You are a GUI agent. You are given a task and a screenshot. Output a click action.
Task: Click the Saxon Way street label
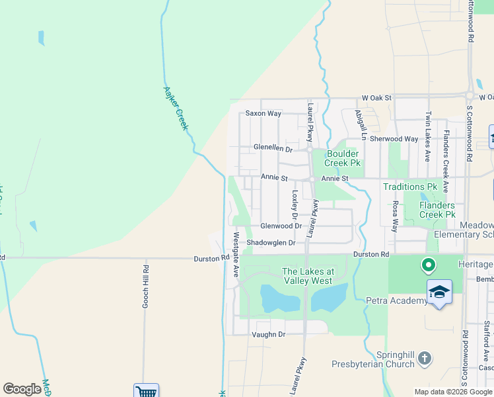point(264,114)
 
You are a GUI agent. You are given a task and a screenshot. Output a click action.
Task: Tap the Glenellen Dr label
point(273,148)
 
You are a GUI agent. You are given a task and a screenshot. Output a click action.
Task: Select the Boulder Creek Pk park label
point(343,158)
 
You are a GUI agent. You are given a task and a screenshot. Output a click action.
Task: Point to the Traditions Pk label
point(415,187)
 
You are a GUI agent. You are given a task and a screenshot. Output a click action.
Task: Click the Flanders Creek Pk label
point(437,210)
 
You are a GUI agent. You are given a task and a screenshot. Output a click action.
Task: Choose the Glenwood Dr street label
point(281,226)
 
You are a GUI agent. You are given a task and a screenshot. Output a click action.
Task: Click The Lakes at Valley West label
point(308,276)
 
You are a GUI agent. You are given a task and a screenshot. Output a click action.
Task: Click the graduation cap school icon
point(439,292)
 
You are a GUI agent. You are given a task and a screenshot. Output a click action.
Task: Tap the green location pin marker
point(428,266)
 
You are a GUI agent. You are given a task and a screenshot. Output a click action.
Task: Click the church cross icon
point(425,359)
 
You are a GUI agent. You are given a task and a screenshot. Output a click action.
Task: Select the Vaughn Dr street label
point(268,335)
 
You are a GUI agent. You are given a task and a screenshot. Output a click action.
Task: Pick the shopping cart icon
point(146,391)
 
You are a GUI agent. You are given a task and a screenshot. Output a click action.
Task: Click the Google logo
point(22,389)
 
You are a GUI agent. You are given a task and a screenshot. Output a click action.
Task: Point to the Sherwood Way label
point(394,139)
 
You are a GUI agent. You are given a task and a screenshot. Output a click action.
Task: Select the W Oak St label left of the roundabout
point(376,98)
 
